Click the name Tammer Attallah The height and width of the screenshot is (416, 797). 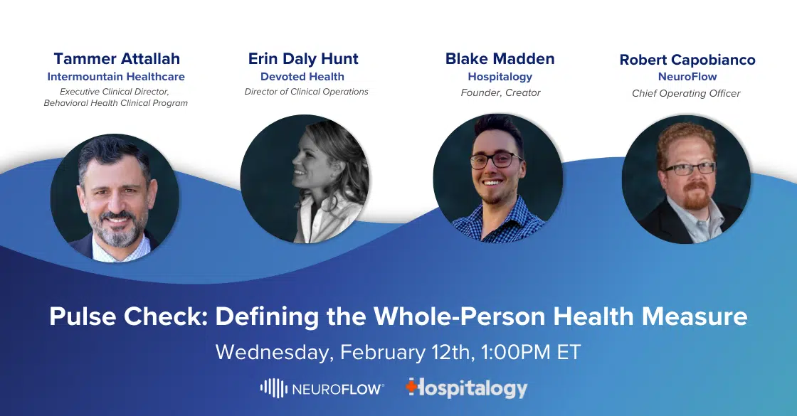tap(117, 59)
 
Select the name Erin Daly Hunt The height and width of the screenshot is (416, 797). tap(303, 59)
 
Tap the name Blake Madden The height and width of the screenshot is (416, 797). tap(500, 59)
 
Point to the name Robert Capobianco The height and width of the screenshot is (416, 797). tap(687, 60)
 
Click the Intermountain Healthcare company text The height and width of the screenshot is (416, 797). tap(116, 77)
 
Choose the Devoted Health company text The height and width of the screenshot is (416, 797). tap(302, 77)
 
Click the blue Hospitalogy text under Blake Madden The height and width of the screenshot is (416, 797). tap(500, 78)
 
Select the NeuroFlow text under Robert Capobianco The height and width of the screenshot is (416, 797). tap(687, 77)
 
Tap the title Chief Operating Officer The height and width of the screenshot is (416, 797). tap(686, 93)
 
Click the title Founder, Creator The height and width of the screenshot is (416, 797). tap(500, 93)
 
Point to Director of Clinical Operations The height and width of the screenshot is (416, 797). tap(306, 92)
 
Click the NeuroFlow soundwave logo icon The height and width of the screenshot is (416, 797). tap(274, 388)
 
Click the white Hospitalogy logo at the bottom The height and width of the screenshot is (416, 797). tap(467, 388)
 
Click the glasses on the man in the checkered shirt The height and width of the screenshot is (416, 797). tap(496, 160)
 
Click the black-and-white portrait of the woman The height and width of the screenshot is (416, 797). tap(305, 178)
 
